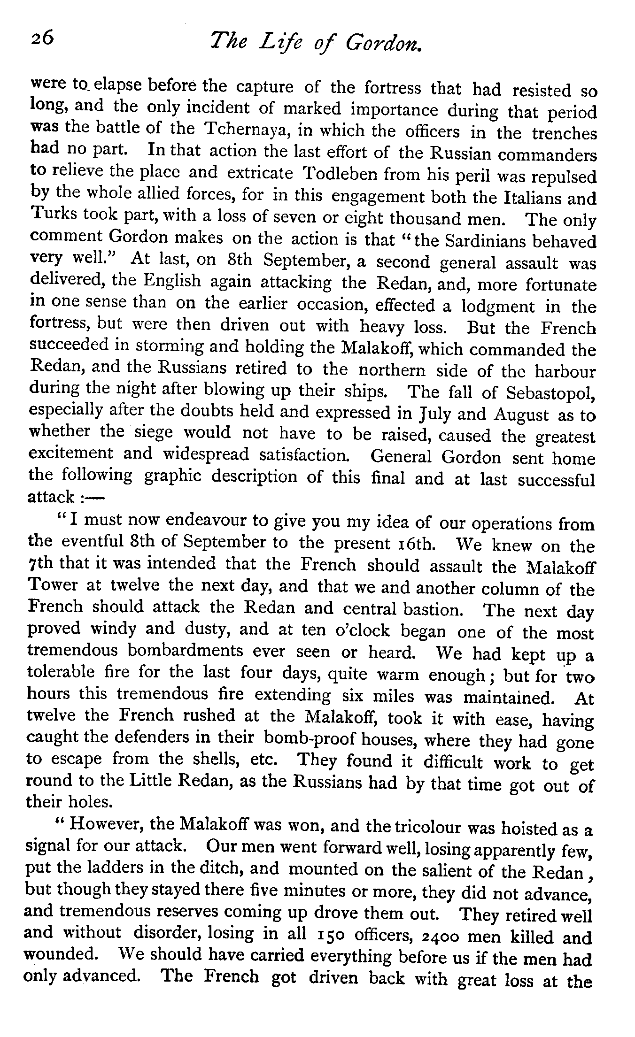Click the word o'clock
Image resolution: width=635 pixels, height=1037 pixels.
point(361,630)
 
